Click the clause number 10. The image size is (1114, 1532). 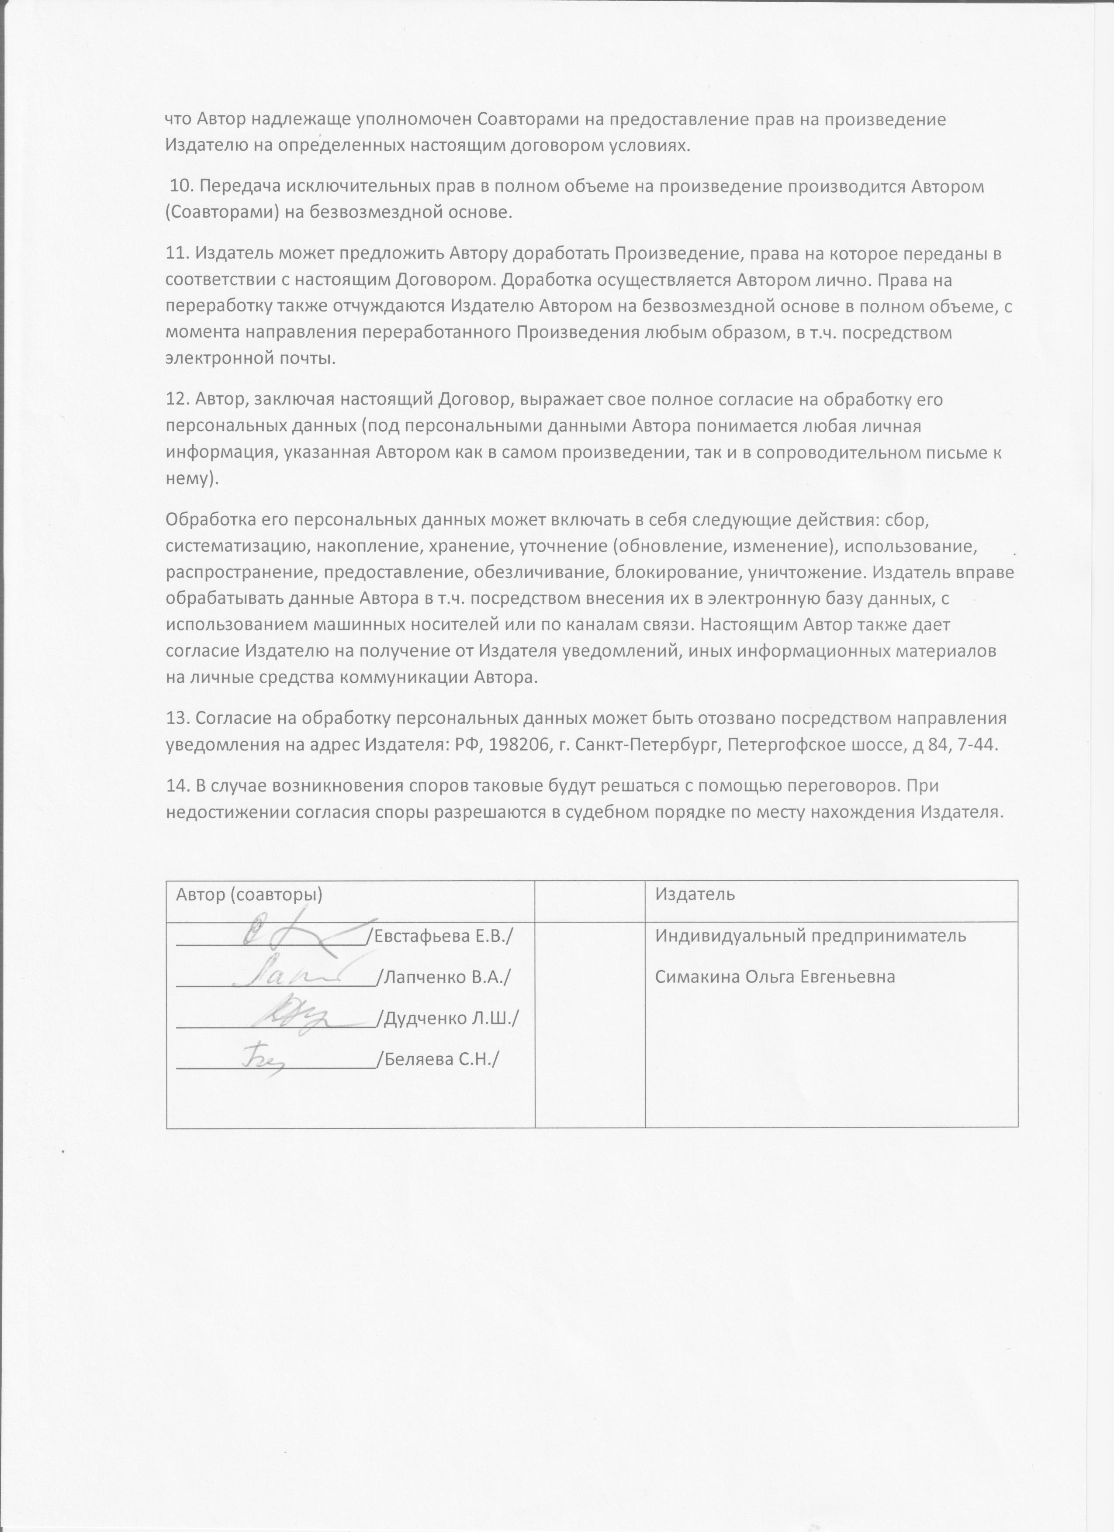181,187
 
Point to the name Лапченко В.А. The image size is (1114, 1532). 447,977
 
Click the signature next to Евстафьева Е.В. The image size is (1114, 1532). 304,936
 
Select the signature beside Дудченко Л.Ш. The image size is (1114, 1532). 297,1015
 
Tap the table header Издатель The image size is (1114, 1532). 695,894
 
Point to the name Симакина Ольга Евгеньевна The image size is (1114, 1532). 775,977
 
